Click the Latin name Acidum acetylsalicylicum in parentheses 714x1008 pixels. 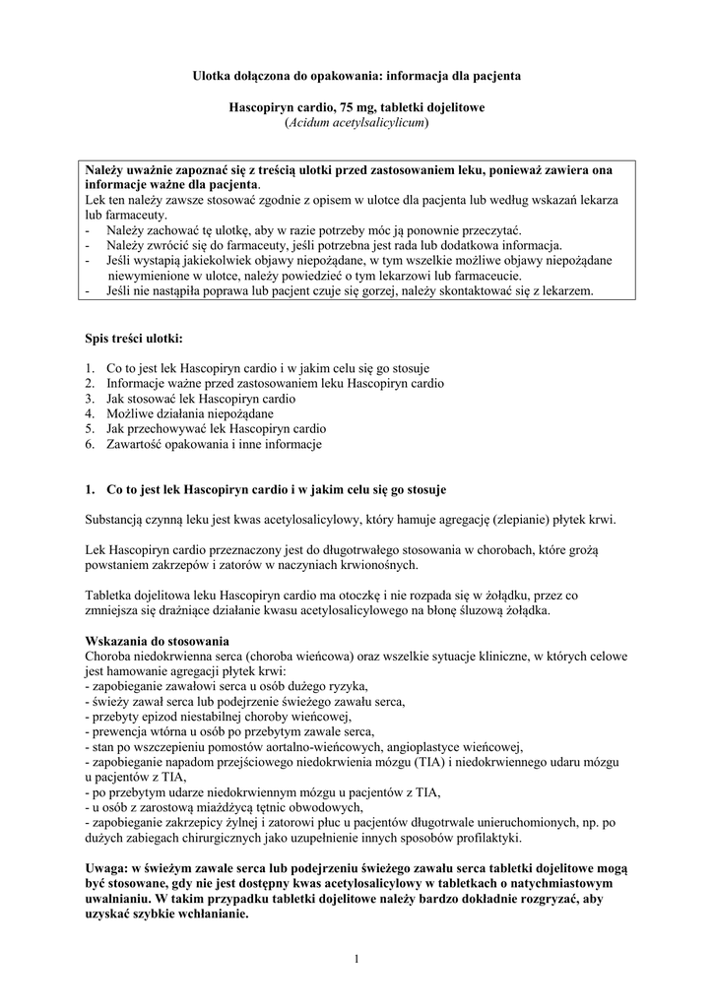(357, 123)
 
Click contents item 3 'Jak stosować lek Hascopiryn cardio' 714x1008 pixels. (201, 399)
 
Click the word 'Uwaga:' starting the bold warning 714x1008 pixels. (107, 867)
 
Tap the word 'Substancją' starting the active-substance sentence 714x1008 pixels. (114, 520)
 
